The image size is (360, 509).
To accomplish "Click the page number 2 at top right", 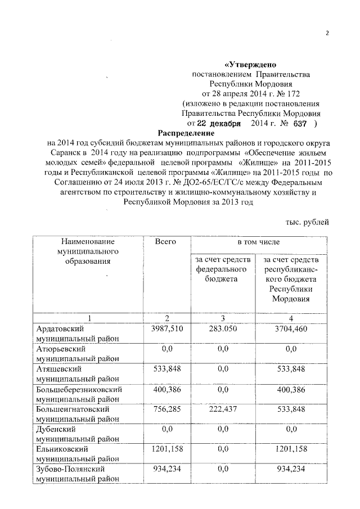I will pos(327,32).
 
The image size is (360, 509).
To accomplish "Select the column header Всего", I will pos(165,241).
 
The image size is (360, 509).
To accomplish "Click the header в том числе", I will pos(257,241).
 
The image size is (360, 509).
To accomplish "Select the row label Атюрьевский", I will pos(61,349).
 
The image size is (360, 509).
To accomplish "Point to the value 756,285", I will pos(165,409).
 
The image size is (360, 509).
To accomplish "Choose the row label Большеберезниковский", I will pos(79,389).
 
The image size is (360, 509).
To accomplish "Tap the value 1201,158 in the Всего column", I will pos(165,449).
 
